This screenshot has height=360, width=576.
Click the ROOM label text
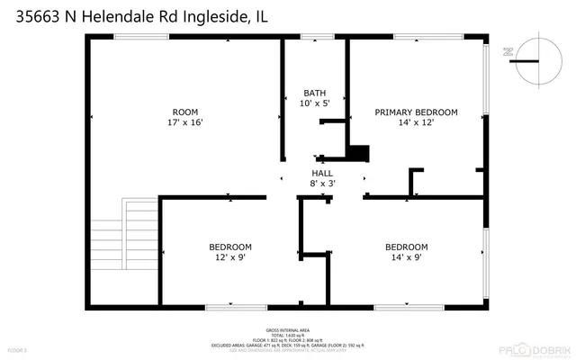coord(184,112)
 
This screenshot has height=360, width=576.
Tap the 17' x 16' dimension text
coord(184,123)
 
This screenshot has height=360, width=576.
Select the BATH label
coord(315,93)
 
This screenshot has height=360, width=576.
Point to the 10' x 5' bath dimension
coord(315,104)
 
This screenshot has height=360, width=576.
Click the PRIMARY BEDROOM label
coord(416,112)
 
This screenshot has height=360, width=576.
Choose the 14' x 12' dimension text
coord(416,123)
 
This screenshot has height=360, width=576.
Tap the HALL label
coord(323,172)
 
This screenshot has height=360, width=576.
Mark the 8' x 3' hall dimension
coord(323,184)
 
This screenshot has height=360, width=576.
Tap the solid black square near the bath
coord(359,153)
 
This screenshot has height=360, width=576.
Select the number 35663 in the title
coord(32,15)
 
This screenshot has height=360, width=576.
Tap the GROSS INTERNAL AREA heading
coord(288,329)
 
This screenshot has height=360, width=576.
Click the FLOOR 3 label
coord(18,348)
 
